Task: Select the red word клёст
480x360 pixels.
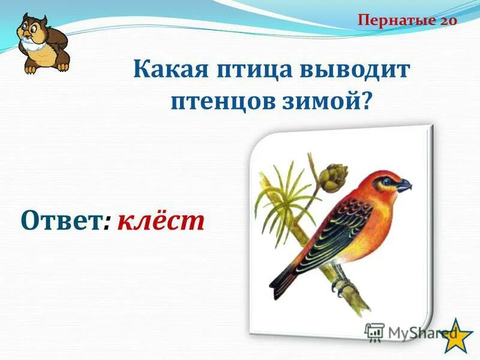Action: click(x=161, y=221)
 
